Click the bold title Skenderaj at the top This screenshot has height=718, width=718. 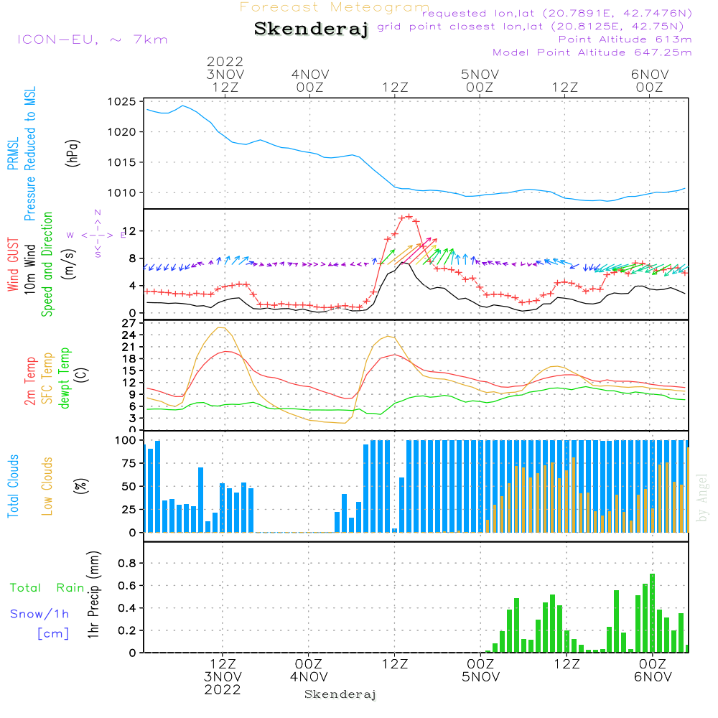point(311,29)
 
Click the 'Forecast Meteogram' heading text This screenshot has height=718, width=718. point(335,7)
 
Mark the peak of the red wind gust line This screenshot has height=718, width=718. point(409,216)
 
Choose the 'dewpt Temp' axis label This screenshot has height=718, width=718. point(65,378)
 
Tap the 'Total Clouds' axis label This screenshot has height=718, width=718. point(14,486)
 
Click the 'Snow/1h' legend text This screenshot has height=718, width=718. point(40,614)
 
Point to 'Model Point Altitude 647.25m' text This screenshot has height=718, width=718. point(592,52)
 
